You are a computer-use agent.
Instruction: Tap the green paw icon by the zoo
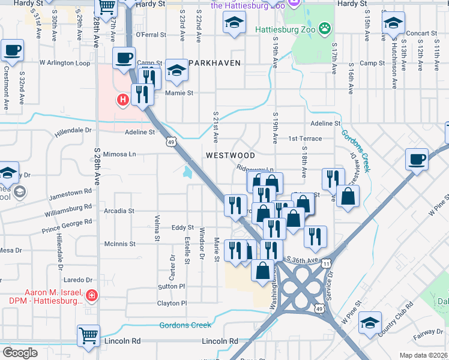[325, 28]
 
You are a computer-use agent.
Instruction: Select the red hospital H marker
[123, 99]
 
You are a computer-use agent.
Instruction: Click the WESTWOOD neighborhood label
[231, 155]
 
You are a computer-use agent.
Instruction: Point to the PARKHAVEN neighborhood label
[214, 63]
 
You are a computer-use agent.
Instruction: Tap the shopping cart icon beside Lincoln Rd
[88, 334]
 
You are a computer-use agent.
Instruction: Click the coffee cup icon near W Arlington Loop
[124, 58]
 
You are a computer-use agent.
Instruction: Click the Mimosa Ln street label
[120, 154]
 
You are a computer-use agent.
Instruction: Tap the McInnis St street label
[120, 244]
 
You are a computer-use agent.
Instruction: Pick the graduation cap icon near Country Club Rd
[370, 322]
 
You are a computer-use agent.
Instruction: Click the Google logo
[20, 352]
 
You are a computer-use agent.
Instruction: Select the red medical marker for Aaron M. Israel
[91, 295]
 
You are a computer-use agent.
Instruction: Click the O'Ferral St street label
[151, 35]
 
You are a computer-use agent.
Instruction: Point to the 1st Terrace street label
[305, 139]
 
